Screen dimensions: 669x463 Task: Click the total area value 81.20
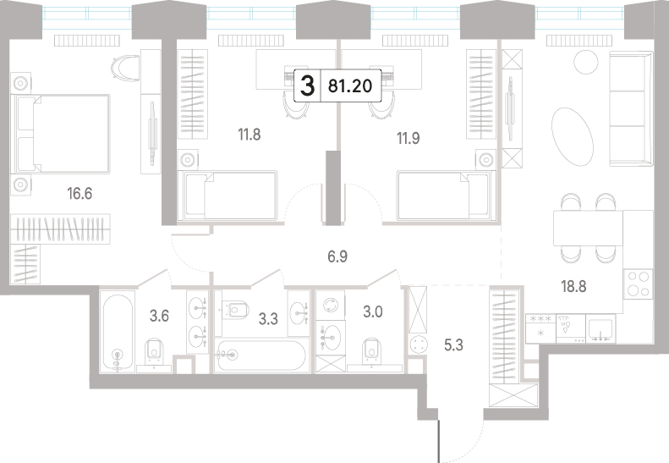(x=350, y=86)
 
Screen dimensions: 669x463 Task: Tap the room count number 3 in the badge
(x=307, y=85)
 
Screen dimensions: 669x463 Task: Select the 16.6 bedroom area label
(x=80, y=194)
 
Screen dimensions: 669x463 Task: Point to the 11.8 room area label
(x=250, y=135)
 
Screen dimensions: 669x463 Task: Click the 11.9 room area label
(x=409, y=138)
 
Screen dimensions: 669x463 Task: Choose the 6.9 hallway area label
(x=337, y=256)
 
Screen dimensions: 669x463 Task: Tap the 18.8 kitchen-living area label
(x=573, y=286)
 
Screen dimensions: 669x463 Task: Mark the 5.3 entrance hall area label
(x=453, y=344)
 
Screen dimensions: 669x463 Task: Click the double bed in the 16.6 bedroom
(x=63, y=134)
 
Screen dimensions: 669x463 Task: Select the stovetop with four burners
(x=638, y=284)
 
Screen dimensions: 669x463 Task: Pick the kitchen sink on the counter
(x=600, y=329)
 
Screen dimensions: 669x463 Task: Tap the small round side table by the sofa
(x=586, y=62)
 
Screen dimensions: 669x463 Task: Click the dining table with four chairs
(x=588, y=228)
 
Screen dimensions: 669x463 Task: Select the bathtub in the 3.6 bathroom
(x=118, y=331)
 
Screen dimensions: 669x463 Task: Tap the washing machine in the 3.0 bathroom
(x=330, y=305)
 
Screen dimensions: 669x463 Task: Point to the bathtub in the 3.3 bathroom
(x=260, y=355)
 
